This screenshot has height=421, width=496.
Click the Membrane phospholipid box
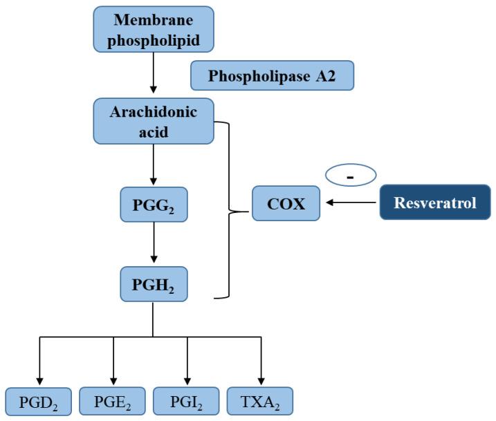click(x=152, y=30)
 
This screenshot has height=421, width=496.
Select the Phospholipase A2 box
click(x=272, y=75)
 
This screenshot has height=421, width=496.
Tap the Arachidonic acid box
click(x=153, y=121)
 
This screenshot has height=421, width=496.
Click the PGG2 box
click(x=153, y=204)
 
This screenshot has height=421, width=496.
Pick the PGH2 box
click(x=153, y=283)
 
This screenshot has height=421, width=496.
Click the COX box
click(x=286, y=203)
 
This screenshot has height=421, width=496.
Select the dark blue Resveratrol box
click(x=435, y=203)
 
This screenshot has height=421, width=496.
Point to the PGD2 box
click(x=39, y=401)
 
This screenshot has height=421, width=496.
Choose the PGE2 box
click(x=112, y=401)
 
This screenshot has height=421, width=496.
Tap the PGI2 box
click(x=187, y=401)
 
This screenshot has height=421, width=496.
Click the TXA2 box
click(x=260, y=401)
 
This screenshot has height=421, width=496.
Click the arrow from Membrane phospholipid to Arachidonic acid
click(x=153, y=73)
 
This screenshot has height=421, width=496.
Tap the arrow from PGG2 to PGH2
click(x=153, y=244)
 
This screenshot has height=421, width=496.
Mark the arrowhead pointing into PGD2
click(x=39, y=380)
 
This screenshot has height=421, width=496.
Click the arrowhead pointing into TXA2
click(x=261, y=380)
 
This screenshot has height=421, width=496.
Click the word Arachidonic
click(x=153, y=112)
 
